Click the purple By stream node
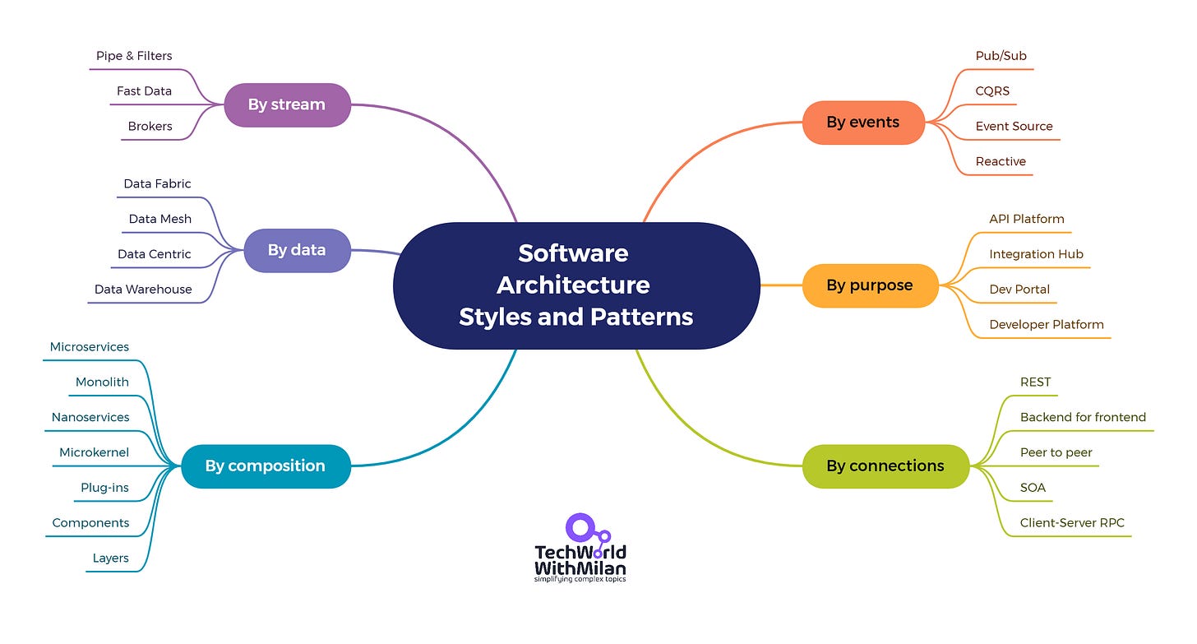(287, 104)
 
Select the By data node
(297, 250)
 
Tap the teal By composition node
(266, 466)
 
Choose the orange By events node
(863, 123)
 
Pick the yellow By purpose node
(870, 285)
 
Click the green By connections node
(885, 466)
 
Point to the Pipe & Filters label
(134, 56)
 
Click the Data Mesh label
(160, 219)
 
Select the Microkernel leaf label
(94, 452)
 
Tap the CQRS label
(992, 91)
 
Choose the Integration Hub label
(1036, 254)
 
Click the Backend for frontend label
(1083, 417)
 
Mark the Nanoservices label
(90, 417)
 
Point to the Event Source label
(1014, 126)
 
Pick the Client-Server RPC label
(1072, 522)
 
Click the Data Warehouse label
(143, 290)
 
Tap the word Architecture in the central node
(573, 285)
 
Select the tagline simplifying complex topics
(580, 579)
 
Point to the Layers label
(110, 558)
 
